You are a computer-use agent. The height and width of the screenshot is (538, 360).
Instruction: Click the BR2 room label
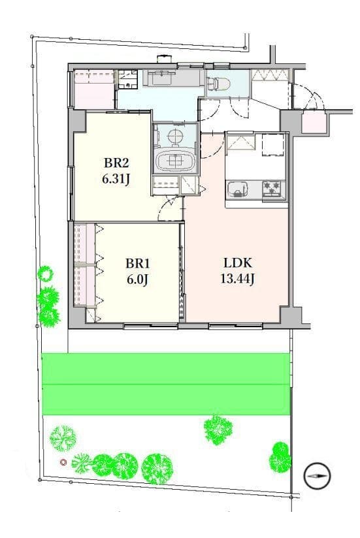[117, 163]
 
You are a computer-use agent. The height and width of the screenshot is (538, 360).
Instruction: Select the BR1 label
[138, 264]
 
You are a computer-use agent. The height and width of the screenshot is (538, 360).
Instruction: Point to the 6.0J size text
[137, 280]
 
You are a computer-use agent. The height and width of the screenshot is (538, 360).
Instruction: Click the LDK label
[238, 263]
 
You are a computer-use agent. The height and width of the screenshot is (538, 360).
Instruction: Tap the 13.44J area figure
[237, 279]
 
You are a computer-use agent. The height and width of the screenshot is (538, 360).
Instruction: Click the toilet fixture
[219, 83]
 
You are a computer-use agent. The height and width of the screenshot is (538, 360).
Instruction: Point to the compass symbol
[317, 476]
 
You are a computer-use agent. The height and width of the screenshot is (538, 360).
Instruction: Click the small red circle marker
[63, 462]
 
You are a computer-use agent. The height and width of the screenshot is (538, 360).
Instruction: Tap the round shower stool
[176, 136]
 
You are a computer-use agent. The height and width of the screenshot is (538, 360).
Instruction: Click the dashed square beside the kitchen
[273, 145]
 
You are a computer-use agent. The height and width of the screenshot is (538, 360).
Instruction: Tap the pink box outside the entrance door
[314, 122]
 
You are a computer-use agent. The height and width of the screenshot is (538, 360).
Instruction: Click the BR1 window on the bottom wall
[151, 326]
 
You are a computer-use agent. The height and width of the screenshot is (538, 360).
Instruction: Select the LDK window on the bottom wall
[236, 326]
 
